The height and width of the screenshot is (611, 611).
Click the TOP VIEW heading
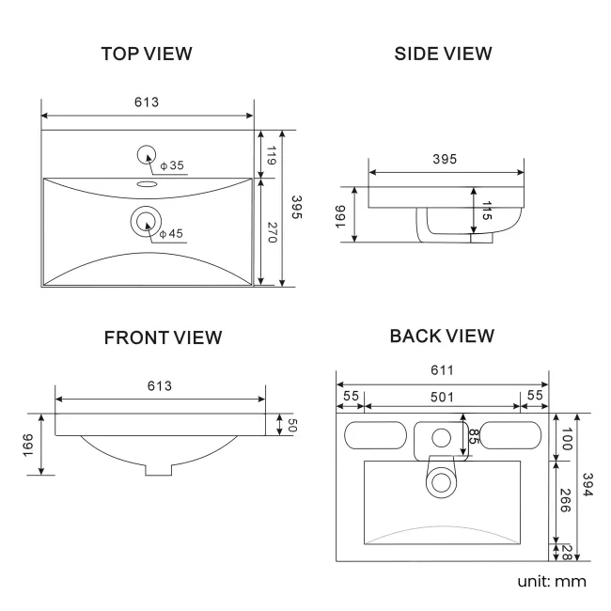point(147,54)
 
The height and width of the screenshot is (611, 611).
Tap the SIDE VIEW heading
point(443,54)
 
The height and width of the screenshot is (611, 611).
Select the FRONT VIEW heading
point(163,337)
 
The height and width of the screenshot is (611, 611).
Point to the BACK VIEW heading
point(442,336)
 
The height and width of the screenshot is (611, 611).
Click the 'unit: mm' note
point(551,581)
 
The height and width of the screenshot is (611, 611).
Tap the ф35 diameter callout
point(172,166)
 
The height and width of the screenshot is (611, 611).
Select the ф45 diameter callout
point(171,234)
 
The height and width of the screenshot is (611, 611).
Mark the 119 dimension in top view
point(272,155)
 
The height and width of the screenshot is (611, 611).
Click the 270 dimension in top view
point(272,232)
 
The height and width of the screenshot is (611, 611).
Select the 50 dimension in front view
point(291,425)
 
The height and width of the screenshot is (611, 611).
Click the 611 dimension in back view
point(443,370)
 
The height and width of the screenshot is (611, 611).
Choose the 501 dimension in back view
point(443,397)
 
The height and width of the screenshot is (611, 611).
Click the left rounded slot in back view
point(372,435)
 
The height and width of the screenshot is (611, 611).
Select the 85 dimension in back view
point(473,436)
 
